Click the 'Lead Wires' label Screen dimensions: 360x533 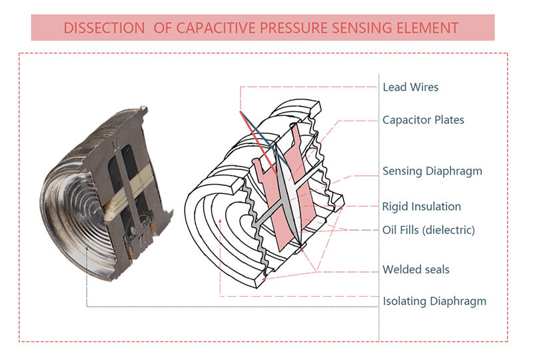pyautogui.click(x=410, y=87)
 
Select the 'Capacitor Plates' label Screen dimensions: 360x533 pyautogui.click(x=423, y=121)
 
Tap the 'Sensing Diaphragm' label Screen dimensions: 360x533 pyautogui.click(x=432, y=171)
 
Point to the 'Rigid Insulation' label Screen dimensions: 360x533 pyautogui.click(x=422, y=207)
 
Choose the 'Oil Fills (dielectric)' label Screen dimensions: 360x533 pyautogui.click(x=428, y=231)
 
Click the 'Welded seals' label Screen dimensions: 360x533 pyautogui.click(x=416, y=270)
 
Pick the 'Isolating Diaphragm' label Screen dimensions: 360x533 pyautogui.click(x=434, y=301)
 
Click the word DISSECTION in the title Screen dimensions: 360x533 pyautogui.click(x=102, y=28)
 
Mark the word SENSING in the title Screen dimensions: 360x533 pyautogui.click(x=358, y=28)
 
